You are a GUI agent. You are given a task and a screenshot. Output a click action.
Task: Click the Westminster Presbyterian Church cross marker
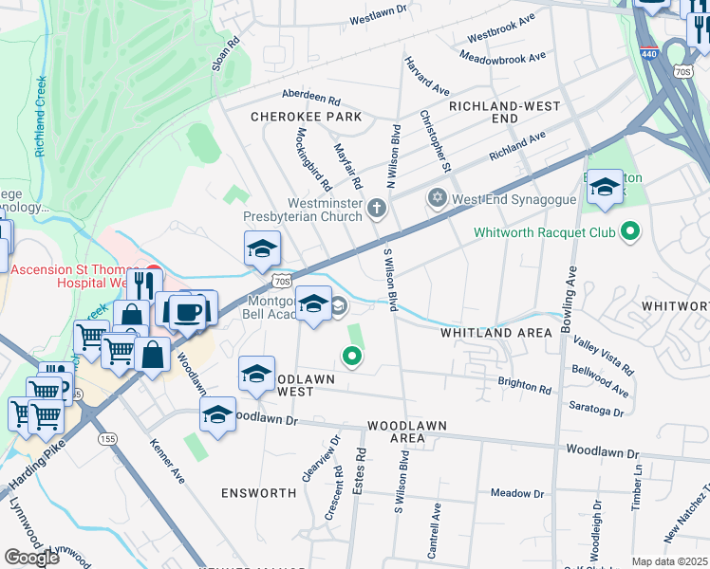click(x=377, y=207)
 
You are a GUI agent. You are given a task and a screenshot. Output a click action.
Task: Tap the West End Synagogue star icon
click(x=437, y=199)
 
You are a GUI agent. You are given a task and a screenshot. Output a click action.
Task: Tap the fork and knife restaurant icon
click(x=143, y=284)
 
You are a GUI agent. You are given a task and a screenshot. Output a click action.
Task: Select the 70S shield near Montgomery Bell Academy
click(x=280, y=281)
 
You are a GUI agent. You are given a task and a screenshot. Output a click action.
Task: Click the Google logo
click(x=31, y=557)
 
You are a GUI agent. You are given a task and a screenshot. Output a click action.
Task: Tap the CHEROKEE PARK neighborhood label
click(x=307, y=117)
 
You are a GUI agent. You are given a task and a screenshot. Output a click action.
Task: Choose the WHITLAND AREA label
click(x=495, y=333)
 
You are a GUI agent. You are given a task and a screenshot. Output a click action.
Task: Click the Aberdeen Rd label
click(x=311, y=98)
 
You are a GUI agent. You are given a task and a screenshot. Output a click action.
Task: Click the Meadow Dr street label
click(x=517, y=493)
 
